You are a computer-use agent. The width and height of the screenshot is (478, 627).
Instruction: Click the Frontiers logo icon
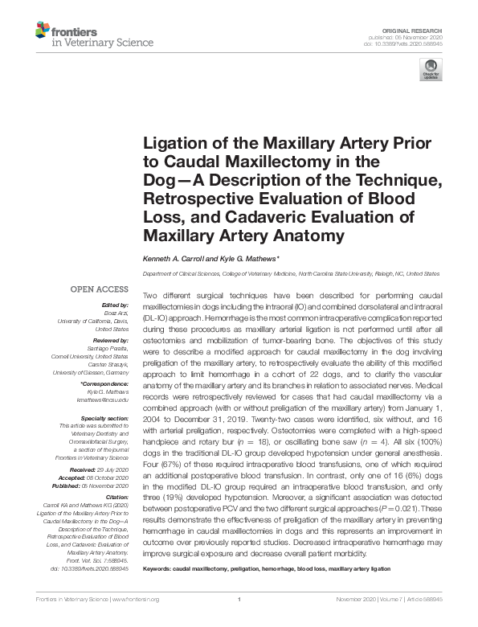41,31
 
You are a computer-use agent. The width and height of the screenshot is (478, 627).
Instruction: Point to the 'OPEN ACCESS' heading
99,289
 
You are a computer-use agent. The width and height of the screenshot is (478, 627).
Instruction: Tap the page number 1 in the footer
239,621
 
